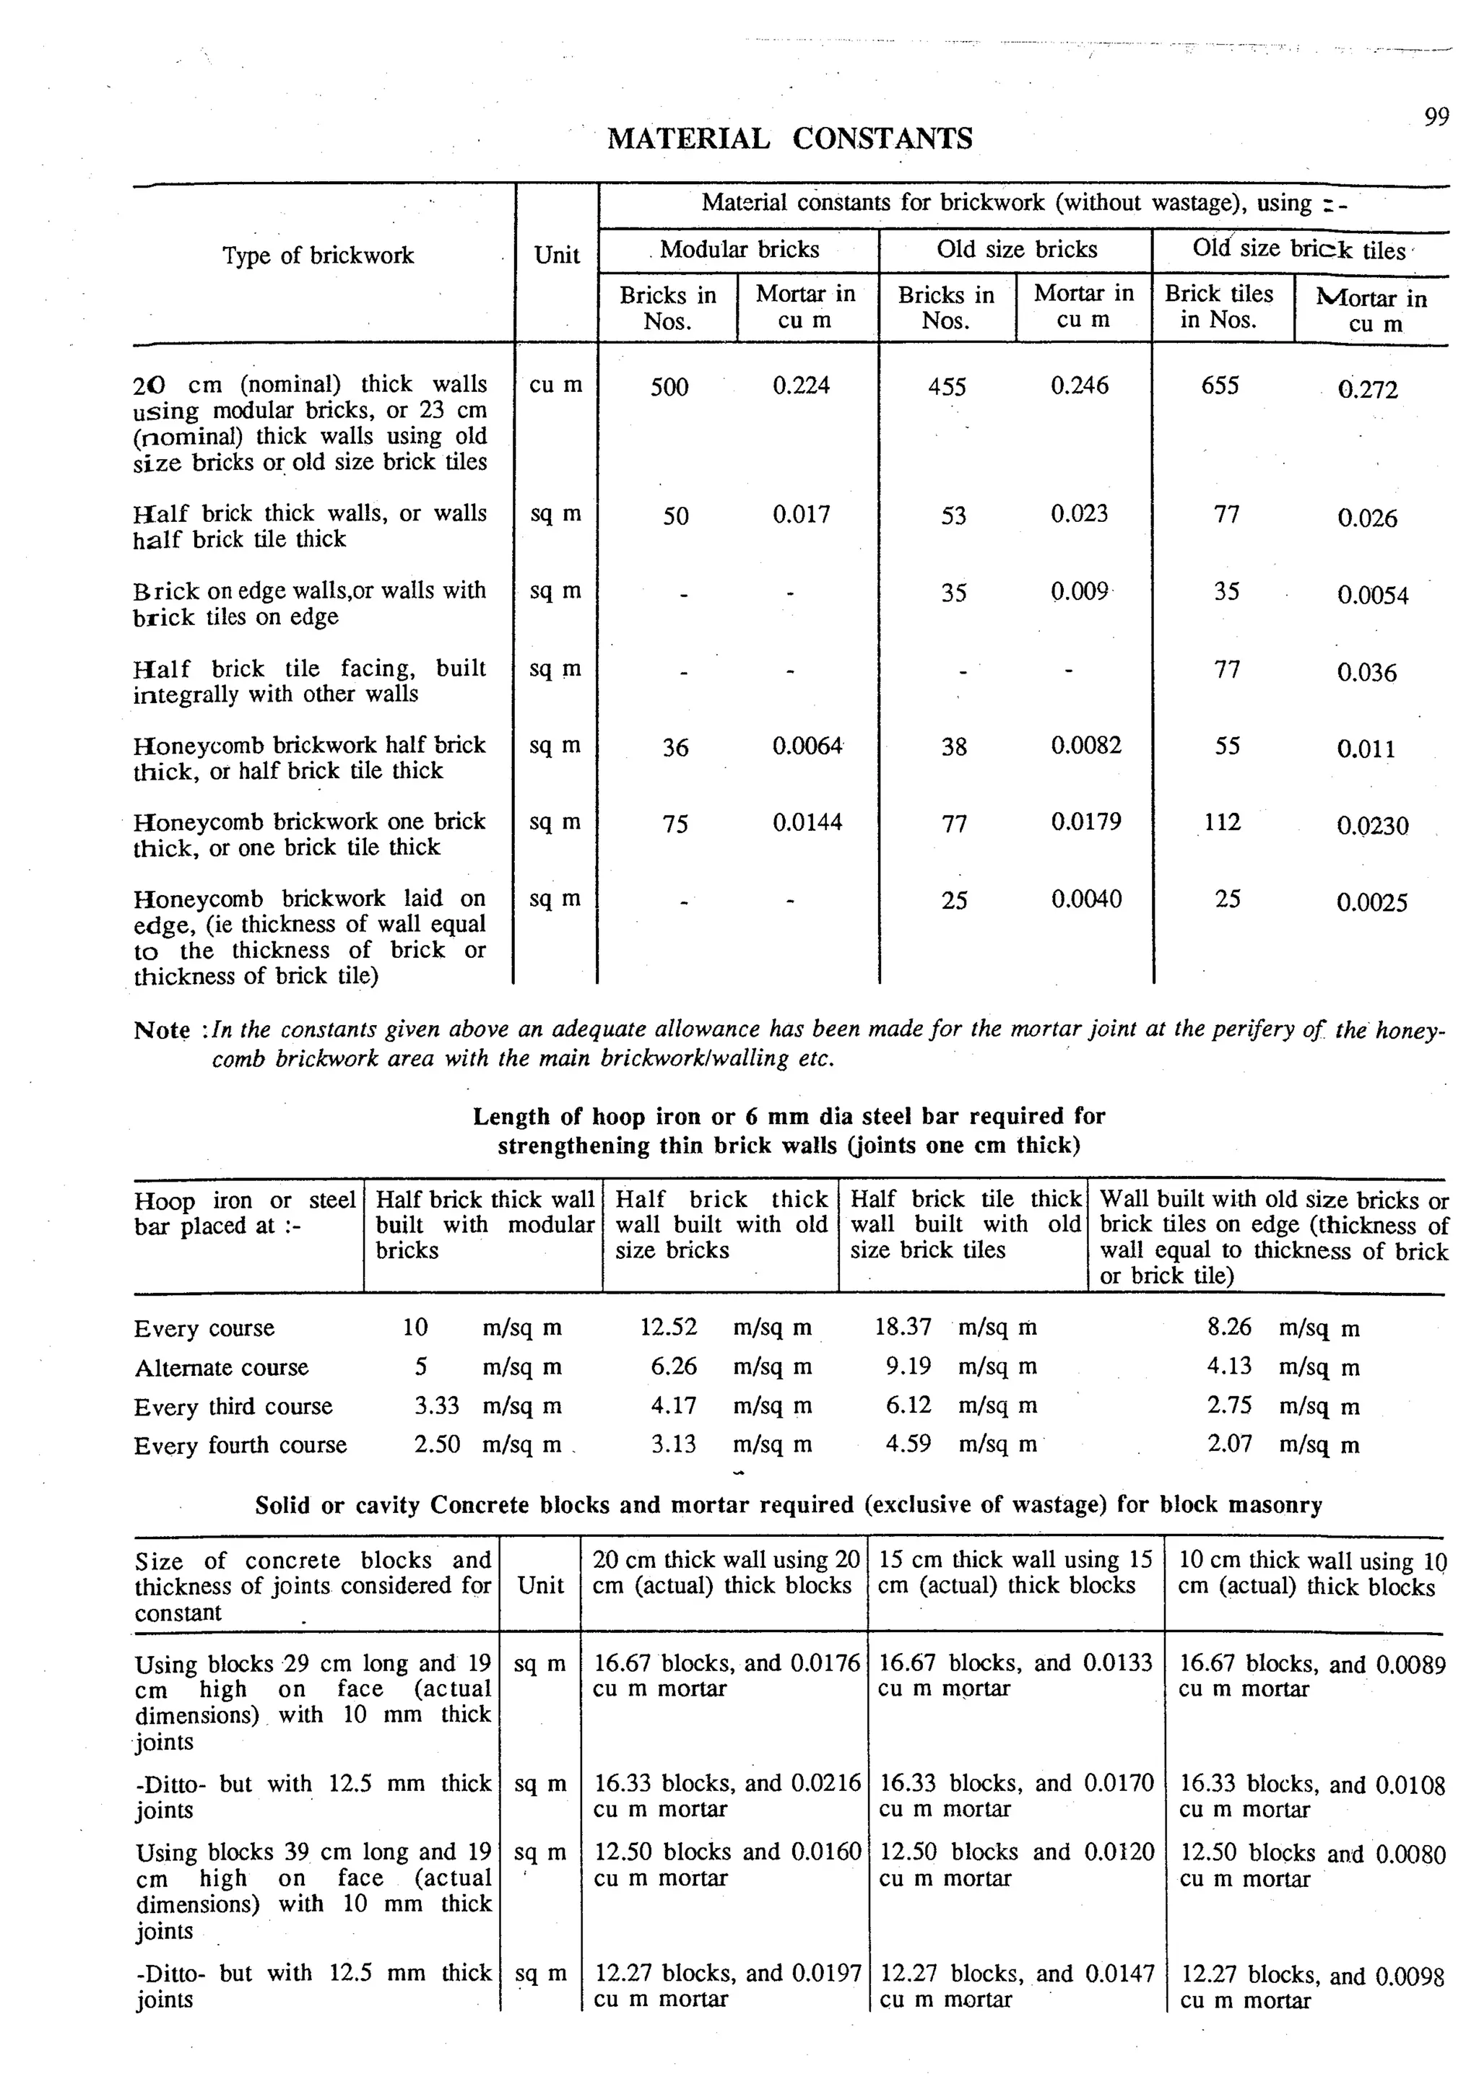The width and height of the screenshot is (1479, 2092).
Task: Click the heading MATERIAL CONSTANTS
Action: tap(789, 139)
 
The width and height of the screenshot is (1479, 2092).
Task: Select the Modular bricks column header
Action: tap(739, 250)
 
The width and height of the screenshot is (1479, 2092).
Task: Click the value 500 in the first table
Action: tap(669, 387)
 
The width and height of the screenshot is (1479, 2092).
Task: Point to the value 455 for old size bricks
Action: tap(947, 387)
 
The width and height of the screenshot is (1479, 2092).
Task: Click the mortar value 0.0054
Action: tap(1372, 596)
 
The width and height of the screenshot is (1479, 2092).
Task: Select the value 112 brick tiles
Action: tap(1222, 823)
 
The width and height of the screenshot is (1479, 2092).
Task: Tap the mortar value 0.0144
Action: tap(807, 823)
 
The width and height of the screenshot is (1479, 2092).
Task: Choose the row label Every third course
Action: tap(233, 1407)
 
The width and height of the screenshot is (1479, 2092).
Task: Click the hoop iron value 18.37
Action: tap(903, 1328)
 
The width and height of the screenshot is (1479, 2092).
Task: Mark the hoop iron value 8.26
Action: tap(1229, 1328)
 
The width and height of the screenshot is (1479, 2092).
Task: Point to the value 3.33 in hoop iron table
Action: tap(436, 1406)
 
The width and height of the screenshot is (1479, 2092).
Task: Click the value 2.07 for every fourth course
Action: tap(1229, 1444)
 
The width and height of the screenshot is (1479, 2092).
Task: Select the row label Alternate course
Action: tap(222, 1368)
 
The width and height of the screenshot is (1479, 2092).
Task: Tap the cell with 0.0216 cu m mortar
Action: tap(727, 1796)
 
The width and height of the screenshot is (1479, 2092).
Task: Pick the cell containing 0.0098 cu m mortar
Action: tap(1311, 1987)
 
